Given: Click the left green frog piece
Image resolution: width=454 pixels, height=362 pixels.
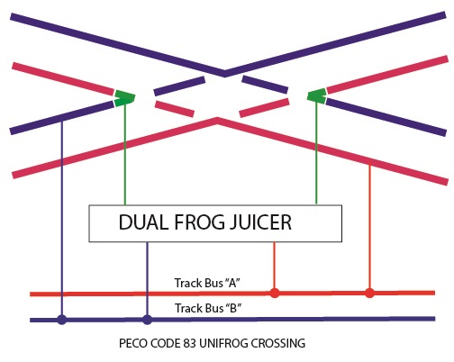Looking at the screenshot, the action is (x=124, y=98).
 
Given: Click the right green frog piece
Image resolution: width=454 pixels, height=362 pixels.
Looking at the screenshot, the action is (x=317, y=96).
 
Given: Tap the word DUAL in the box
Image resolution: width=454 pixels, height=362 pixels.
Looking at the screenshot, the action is (x=143, y=222).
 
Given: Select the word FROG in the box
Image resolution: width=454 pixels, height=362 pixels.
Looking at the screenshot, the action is (x=199, y=222).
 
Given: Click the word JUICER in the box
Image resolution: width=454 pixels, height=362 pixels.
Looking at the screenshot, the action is (x=260, y=222).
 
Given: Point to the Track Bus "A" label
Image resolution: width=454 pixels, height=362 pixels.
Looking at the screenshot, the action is (x=207, y=283).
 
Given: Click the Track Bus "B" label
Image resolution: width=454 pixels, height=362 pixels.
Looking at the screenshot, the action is (x=208, y=308).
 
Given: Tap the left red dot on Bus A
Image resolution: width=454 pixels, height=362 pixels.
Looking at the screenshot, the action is (x=275, y=293).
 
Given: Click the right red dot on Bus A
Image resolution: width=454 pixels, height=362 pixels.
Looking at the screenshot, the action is (x=369, y=293).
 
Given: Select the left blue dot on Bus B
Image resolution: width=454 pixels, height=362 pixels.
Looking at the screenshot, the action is (x=62, y=320).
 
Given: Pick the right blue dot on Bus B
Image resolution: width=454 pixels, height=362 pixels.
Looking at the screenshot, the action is (x=147, y=320).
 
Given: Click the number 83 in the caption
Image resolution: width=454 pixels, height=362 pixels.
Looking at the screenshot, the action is (x=189, y=343).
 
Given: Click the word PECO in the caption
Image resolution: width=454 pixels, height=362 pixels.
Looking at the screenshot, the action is (x=133, y=343).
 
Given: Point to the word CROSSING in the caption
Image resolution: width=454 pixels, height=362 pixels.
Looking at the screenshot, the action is (x=278, y=343).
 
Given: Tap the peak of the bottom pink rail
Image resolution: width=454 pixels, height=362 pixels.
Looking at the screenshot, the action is (x=217, y=119).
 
